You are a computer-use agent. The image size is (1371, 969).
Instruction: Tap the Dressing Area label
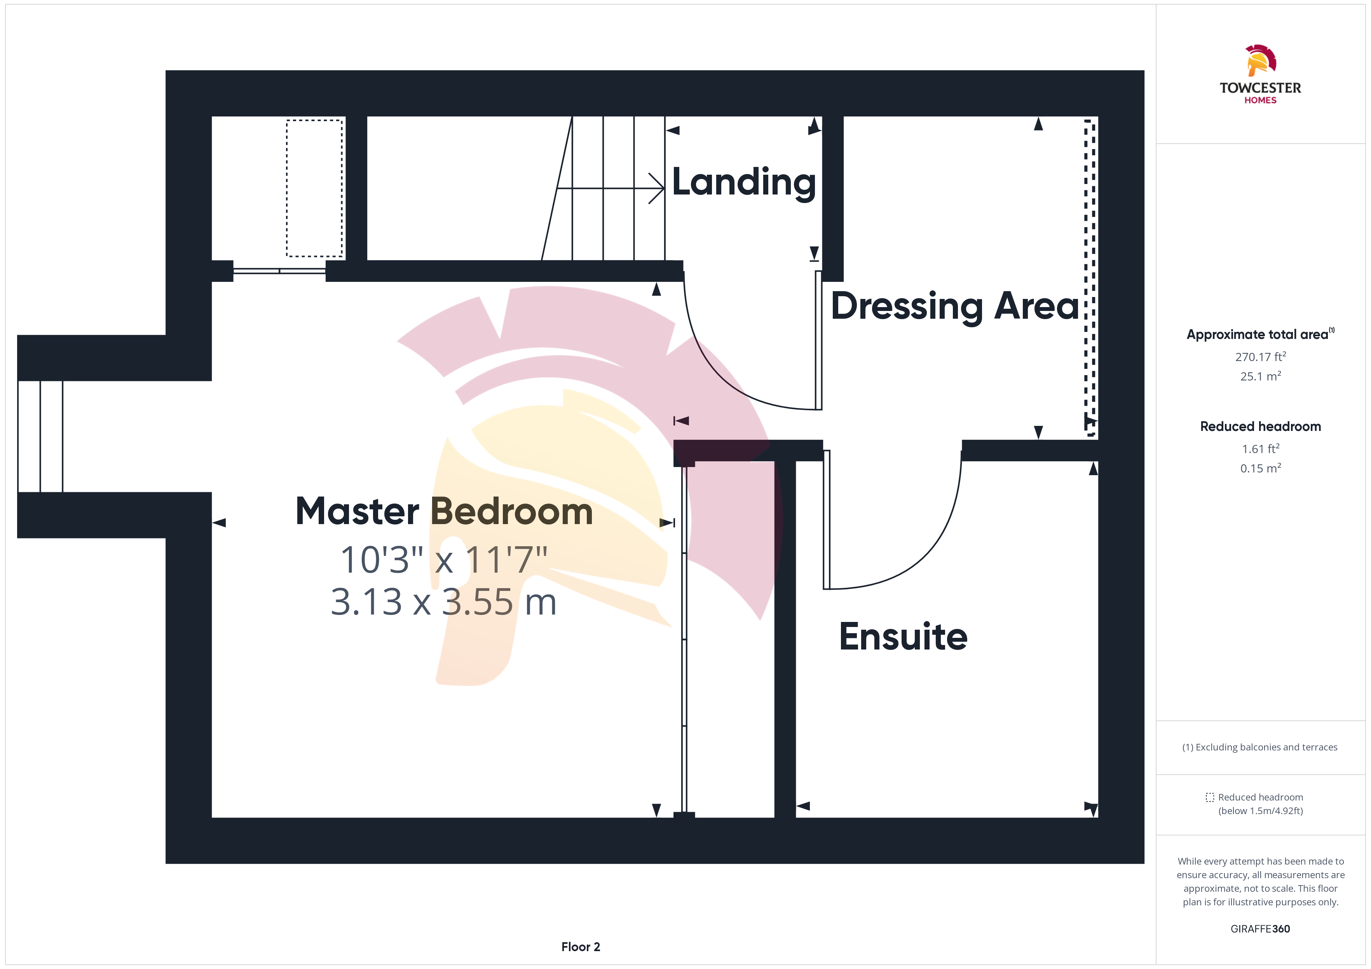click(x=955, y=307)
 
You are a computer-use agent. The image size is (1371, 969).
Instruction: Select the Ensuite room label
click(x=903, y=637)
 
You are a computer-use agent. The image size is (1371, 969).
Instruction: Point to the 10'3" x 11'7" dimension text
click(x=444, y=560)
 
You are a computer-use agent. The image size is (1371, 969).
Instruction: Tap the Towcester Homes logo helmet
click(x=1261, y=60)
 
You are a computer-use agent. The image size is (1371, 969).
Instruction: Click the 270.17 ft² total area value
click(x=1261, y=357)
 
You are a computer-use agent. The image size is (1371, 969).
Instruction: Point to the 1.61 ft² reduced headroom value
click(x=1261, y=449)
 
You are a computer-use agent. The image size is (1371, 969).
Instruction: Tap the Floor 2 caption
click(x=581, y=947)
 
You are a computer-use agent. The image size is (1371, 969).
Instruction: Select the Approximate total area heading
click(x=1260, y=334)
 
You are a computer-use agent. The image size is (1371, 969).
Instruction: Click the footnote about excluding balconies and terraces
click(x=1260, y=747)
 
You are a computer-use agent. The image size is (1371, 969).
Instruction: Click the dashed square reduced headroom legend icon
click(x=1210, y=797)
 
